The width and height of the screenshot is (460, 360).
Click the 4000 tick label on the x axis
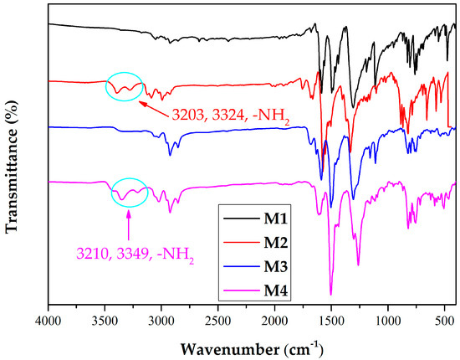point(48,320)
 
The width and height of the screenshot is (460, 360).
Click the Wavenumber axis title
point(250,345)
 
